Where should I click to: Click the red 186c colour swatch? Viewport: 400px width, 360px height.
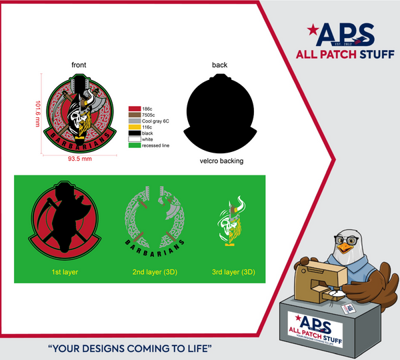coord(135,107)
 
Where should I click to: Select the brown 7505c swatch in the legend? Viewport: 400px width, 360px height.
coord(135,114)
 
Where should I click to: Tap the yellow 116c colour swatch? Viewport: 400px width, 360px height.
coord(135,127)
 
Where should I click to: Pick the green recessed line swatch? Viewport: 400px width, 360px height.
coord(135,145)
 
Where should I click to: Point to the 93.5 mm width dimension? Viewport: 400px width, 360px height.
coord(79,159)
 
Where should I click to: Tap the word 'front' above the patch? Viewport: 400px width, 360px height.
coord(79,65)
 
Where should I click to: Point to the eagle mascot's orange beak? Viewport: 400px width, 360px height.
coord(345,247)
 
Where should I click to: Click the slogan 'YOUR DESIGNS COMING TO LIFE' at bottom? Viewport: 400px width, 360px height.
coord(130,347)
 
